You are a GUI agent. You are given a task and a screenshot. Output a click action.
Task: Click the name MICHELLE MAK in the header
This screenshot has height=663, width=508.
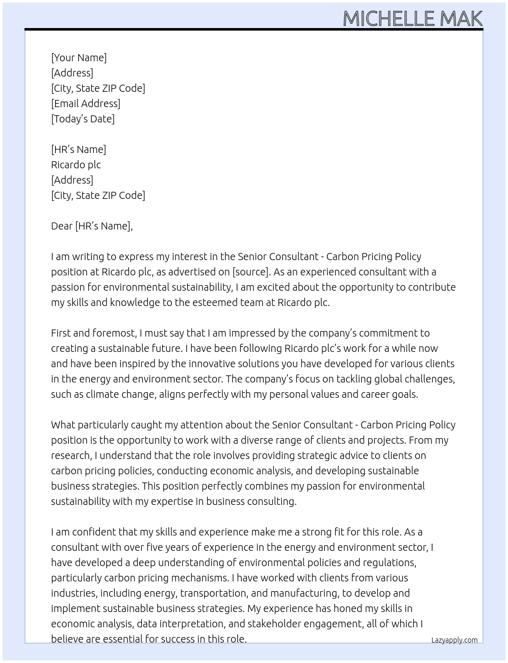click(x=412, y=18)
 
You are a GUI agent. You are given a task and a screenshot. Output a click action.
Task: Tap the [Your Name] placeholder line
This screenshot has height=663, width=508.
click(x=79, y=58)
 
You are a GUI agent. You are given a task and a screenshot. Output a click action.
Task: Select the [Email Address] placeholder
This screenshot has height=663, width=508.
click(x=86, y=104)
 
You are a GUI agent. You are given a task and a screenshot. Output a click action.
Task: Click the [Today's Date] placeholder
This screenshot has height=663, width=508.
click(x=83, y=119)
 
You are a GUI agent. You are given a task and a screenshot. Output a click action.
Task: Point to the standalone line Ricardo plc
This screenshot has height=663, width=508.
click(x=76, y=165)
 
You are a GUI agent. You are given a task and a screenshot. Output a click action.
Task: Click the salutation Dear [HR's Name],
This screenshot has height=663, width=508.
click(x=92, y=226)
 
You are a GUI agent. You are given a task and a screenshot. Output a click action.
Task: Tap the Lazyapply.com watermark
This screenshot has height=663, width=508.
click(x=454, y=640)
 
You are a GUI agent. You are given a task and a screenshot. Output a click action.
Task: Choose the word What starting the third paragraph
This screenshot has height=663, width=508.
click(x=63, y=425)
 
